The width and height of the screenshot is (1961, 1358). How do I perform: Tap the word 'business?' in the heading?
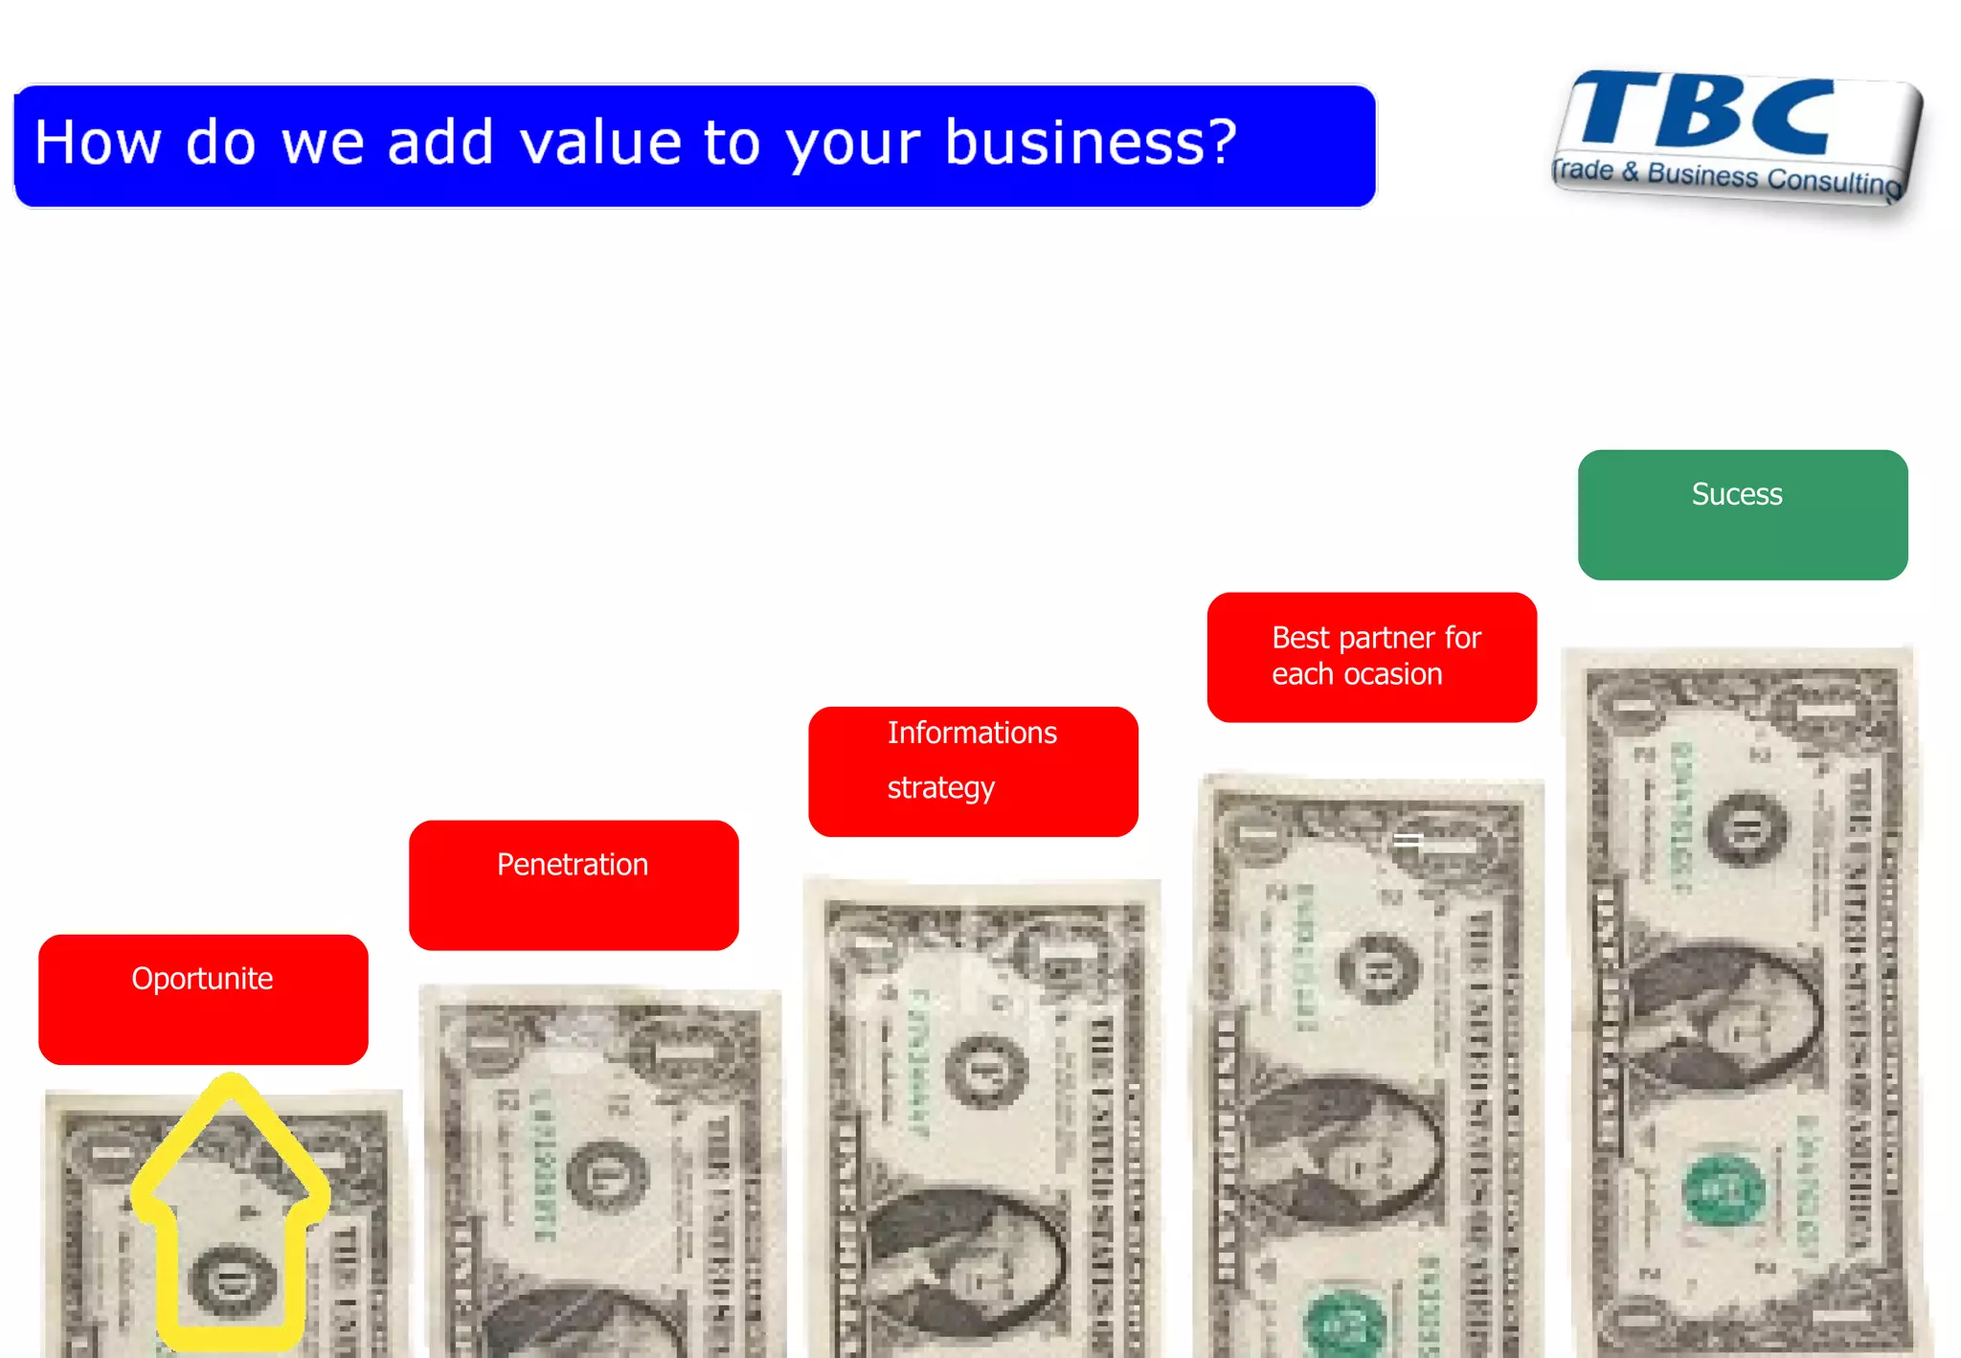click(x=1091, y=142)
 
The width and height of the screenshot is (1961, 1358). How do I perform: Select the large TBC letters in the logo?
click(x=1704, y=113)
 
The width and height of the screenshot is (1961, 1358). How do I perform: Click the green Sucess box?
click(x=1742, y=515)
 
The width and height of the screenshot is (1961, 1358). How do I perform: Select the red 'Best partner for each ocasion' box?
click(x=1371, y=657)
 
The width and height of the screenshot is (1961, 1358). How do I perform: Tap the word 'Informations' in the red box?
click(x=971, y=733)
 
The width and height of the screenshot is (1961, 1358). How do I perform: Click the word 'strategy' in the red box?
click(x=940, y=787)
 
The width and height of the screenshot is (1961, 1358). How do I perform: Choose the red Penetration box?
click(x=573, y=885)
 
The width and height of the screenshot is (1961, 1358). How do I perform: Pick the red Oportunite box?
click(x=203, y=999)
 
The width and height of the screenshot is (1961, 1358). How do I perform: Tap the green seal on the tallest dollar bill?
click(x=1723, y=1190)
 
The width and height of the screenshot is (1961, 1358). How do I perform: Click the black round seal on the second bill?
click(x=606, y=1175)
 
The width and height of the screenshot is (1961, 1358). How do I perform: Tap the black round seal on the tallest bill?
click(x=1747, y=827)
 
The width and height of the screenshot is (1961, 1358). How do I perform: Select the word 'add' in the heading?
click(x=440, y=142)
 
